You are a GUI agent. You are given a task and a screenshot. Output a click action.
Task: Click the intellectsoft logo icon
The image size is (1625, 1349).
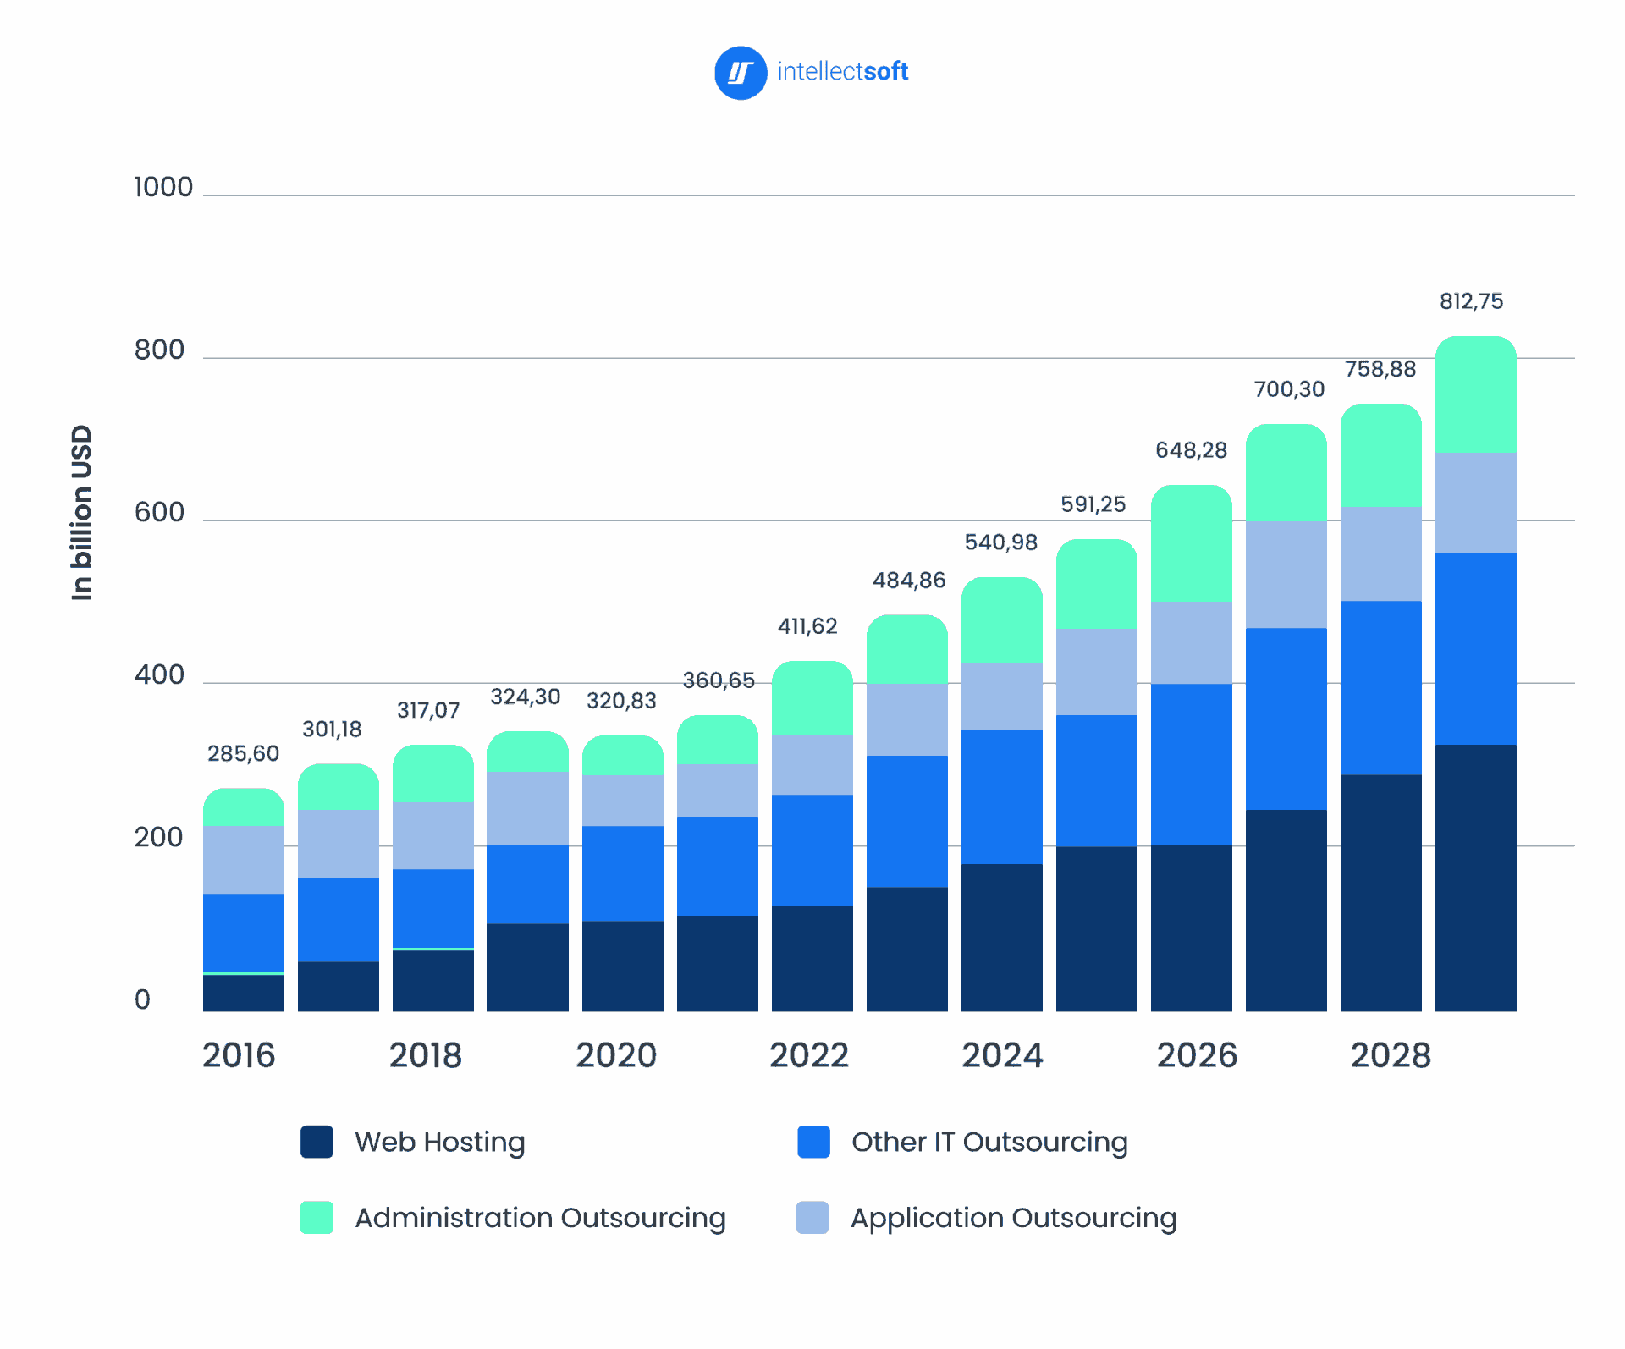741,73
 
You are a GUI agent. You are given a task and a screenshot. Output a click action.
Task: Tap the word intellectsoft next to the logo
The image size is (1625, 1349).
842,72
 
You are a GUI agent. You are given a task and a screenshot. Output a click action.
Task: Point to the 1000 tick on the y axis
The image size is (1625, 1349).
163,187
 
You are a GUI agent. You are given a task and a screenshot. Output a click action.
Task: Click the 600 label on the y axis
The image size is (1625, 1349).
159,512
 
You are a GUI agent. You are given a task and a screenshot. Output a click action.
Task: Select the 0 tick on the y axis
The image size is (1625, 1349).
142,999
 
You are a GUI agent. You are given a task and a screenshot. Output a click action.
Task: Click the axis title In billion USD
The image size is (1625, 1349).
81,513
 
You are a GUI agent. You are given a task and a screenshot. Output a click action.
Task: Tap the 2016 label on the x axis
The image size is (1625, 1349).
239,1055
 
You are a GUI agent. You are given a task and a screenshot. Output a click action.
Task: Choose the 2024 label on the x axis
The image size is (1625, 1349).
1002,1055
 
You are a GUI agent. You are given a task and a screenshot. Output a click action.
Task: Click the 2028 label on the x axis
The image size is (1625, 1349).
1391,1055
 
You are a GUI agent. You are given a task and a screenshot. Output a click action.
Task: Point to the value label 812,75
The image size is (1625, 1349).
1471,301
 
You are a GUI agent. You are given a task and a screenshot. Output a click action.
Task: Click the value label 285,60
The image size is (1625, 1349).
243,753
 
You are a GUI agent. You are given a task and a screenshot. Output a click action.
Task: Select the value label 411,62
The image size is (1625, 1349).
807,626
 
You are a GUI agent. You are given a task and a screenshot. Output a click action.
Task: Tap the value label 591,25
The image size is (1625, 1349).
1093,504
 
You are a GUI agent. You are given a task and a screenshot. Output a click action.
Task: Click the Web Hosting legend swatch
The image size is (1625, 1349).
317,1142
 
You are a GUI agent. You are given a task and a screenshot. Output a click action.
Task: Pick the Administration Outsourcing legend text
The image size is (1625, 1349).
540,1218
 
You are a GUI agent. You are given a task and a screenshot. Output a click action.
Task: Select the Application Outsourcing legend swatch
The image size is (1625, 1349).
812,1218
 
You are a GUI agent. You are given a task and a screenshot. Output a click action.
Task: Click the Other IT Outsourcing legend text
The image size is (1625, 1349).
989,1142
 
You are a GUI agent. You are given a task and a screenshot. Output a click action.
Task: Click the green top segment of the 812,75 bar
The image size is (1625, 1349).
1475,396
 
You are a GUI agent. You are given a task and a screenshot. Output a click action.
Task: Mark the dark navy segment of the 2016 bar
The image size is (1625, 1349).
244,993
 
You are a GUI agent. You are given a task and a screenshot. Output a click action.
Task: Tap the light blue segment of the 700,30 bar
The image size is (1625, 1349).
1286,574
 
